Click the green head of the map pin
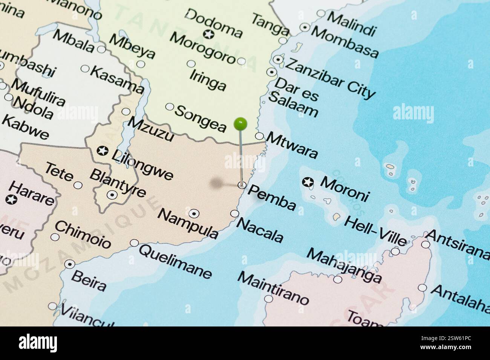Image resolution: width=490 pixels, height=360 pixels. pos(240,123)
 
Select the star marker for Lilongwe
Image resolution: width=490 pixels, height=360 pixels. pos(102,151)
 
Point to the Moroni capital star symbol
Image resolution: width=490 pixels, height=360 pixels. pos(308,183)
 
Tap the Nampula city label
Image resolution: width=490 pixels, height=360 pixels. pos(188,223)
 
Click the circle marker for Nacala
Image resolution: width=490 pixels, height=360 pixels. pos(234,214)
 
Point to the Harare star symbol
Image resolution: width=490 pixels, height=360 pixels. pos(11,200)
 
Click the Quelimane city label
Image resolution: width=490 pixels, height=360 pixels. pos(175,261)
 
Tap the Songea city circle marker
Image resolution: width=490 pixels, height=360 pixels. pos(170,107)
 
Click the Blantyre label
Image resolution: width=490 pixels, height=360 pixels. pos(118,183)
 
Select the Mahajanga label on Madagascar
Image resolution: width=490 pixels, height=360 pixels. pos(344,265)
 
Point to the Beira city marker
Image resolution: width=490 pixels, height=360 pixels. pos(69,264)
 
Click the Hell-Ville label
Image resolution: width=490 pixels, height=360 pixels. pos(375,230)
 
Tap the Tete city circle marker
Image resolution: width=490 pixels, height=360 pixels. pos(78,185)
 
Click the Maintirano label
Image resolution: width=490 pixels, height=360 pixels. pos(273,288)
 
